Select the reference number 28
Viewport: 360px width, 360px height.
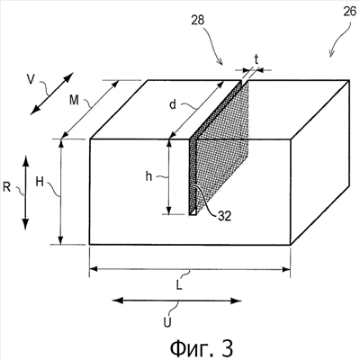198,20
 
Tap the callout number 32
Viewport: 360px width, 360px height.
224,216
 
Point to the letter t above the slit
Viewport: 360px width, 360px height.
256,60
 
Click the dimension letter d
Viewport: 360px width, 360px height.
173,105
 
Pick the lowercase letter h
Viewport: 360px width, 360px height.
148,176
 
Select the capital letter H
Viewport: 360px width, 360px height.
40,182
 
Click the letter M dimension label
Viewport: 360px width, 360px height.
74,100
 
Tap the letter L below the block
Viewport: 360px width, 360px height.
179,285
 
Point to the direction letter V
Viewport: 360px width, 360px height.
31,79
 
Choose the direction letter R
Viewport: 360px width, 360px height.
7,187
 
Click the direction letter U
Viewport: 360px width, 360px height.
167,322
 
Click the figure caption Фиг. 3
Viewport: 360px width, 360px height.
202,348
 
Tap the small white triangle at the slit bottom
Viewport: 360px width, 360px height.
193,211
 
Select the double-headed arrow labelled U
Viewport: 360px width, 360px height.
177,301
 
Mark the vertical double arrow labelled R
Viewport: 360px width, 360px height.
25,193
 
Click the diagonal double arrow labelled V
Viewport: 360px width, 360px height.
52,94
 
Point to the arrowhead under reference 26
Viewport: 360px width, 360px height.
331,54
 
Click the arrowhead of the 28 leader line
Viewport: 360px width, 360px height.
220,62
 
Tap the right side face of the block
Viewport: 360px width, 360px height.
320,162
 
